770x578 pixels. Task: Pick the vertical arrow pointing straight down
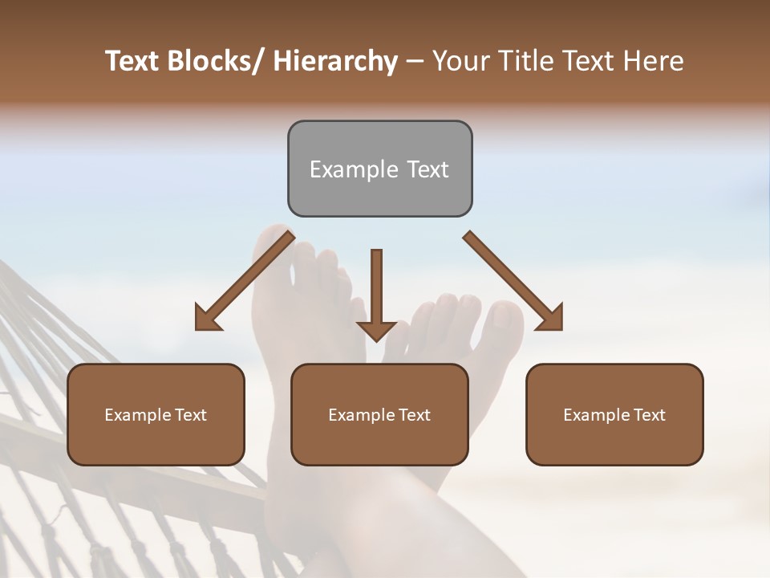(376, 293)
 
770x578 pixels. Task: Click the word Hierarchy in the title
(335, 62)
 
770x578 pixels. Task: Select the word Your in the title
(460, 62)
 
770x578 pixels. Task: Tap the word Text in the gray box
(427, 169)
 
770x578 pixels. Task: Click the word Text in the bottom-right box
(649, 415)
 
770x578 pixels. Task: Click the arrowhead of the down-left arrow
(206, 319)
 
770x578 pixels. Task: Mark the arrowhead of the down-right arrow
(551, 319)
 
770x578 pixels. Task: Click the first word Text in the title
(132, 62)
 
